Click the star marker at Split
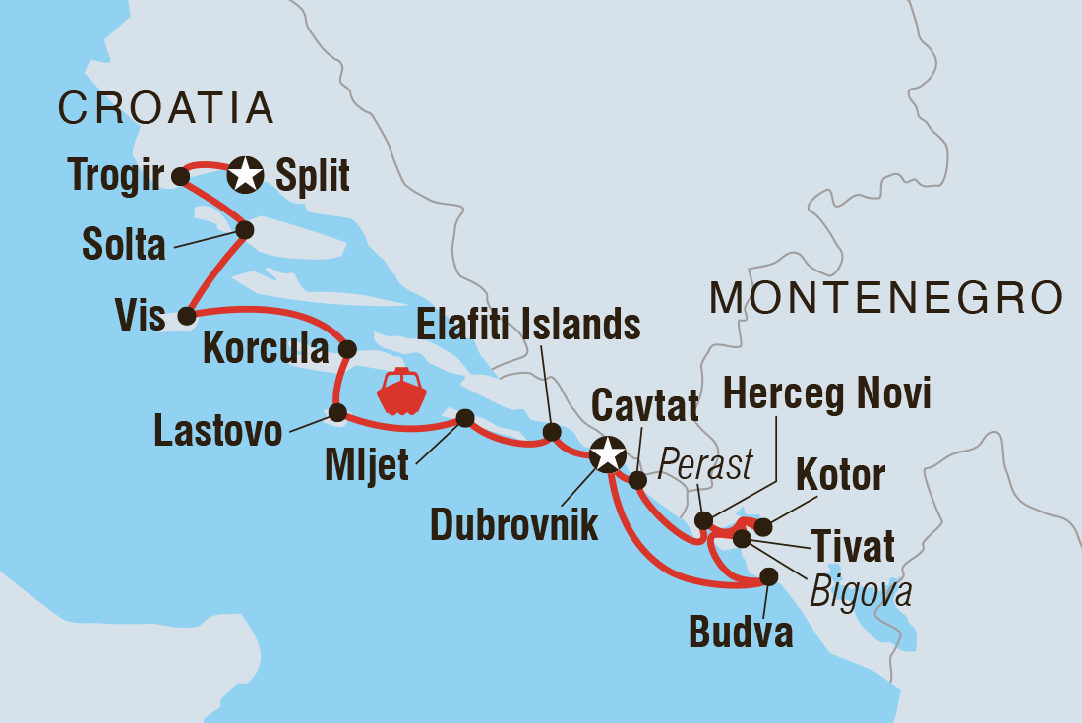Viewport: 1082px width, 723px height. pyautogui.click(x=244, y=176)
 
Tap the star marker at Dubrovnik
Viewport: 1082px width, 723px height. pyautogui.click(x=608, y=455)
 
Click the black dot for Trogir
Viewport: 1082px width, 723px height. pyautogui.click(x=180, y=176)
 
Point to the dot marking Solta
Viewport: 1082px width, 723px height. pyautogui.click(x=245, y=230)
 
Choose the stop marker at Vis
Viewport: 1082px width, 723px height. pyautogui.click(x=185, y=316)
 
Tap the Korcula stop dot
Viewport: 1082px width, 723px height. pyautogui.click(x=346, y=348)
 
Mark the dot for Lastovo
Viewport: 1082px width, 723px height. pyautogui.click(x=336, y=412)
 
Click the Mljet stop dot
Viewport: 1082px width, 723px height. pyautogui.click(x=464, y=417)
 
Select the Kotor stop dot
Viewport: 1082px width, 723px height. pyautogui.click(x=762, y=527)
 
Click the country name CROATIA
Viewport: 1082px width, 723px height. pyautogui.click(x=165, y=107)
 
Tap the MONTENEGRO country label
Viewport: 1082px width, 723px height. pyautogui.click(x=885, y=296)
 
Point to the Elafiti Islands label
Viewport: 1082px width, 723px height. pyautogui.click(x=527, y=323)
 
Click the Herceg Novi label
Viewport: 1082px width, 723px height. pyautogui.click(x=826, y=396)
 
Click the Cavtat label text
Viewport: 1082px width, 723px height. pyautogui.click(x=644, y=403)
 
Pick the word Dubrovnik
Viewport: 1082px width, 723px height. pyautogui.click(x=514, y=524)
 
